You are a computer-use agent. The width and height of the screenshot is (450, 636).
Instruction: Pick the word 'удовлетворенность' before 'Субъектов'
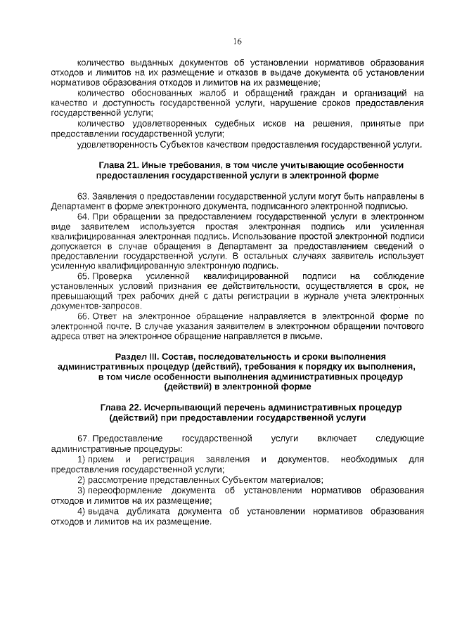(112, 145)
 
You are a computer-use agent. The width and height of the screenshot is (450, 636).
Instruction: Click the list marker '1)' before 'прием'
(81, 459)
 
